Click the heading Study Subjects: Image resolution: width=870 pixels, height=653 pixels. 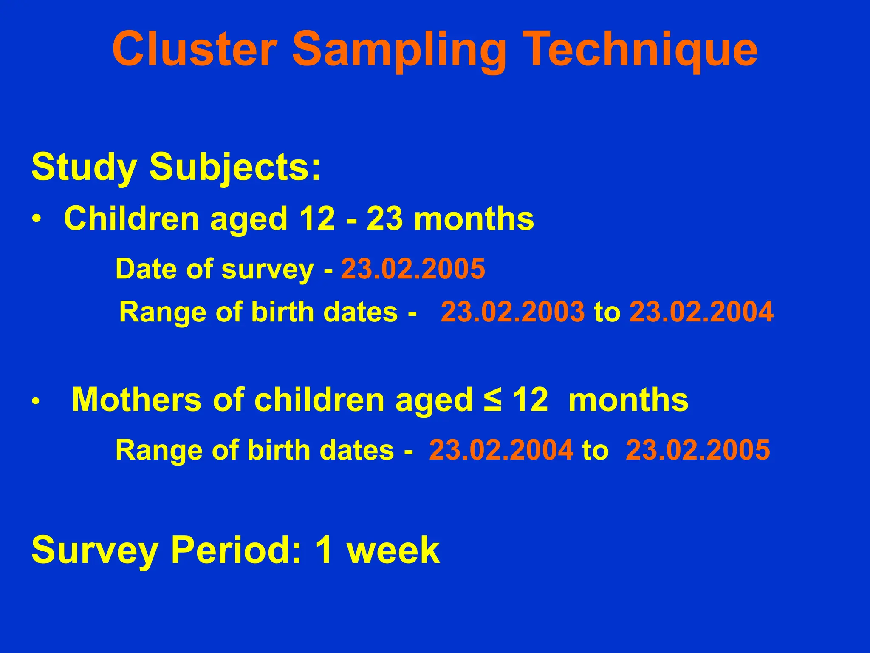point(176,167)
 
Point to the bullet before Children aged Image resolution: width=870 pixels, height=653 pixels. point(37,220)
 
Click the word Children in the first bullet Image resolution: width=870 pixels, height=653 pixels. point(131,219)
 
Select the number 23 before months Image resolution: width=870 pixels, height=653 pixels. point(384,219)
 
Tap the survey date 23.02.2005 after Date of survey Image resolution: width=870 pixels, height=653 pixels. point(412,269)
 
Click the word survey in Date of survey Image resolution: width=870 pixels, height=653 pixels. point(268,270)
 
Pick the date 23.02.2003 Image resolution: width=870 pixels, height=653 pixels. point(512,312)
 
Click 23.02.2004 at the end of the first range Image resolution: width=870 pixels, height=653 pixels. point(701,312)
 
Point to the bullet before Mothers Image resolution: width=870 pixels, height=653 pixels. point(37,402)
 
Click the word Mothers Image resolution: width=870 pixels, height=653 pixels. point(136,400)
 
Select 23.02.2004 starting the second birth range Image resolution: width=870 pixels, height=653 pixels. point(501,450)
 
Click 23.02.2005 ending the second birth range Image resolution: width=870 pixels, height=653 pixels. point(698,450)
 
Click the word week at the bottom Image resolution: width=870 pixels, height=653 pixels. point(393,550)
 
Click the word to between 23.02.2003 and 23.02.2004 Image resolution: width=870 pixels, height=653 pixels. point(607,312)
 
